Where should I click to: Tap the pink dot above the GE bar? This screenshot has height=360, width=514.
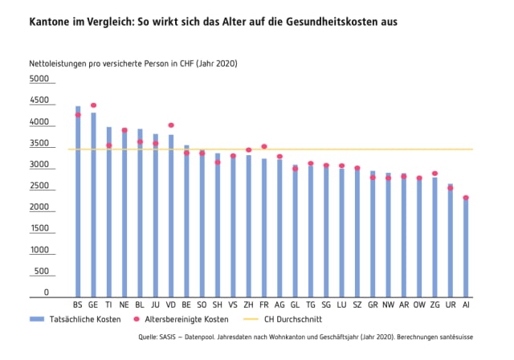[93, 105]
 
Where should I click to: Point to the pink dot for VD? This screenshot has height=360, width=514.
[171, 125]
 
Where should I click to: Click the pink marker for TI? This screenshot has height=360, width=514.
[108, 145]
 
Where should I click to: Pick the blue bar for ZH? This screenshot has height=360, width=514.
[248, 225]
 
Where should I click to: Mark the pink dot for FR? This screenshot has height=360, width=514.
[264, 146]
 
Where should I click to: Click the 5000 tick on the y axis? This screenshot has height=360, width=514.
[39, 80]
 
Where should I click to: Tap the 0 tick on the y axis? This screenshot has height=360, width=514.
[47, 292]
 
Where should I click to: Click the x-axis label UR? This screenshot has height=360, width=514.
[451, 305]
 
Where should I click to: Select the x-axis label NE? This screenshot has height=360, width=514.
[124, 305]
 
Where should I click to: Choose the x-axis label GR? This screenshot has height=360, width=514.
[373, 305]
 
